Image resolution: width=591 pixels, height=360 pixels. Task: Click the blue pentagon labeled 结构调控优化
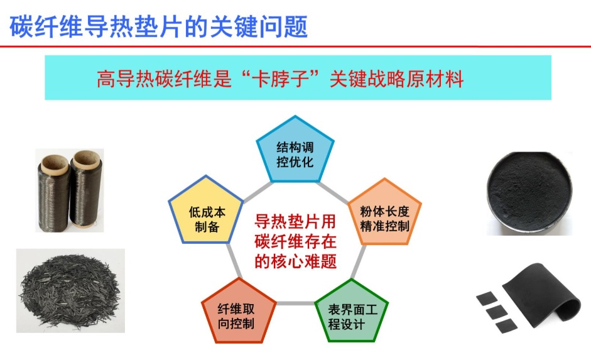click(x=295, y=151)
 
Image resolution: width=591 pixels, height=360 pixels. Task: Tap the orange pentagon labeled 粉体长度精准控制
click(x=384, y=214)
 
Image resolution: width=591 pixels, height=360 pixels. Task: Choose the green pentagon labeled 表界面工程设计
click(x=351, y=313)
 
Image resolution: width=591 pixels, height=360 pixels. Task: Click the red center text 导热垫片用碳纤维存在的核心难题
click(x=295, y=241)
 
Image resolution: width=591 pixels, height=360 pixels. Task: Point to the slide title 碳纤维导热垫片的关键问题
click(x=159, y=27)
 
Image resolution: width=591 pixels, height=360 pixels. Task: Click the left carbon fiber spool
click(x=53, y=192)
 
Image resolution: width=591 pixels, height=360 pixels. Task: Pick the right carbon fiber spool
click(x=86, y=188)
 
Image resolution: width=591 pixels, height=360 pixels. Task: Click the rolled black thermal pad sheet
click(x=543, y=292)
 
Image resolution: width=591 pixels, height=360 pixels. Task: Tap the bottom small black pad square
click(x=505, y=325)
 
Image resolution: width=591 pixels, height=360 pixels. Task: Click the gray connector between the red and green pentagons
click(x=295, y=303)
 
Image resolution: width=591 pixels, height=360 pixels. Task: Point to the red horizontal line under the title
click(x=295, y=46)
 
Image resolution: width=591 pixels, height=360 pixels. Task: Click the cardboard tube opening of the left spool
click(x=54, y=163)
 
